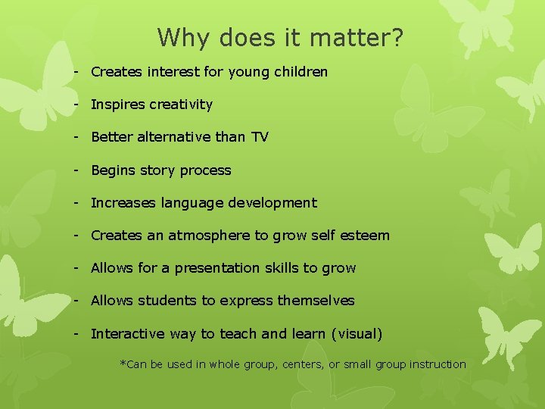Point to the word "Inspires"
pos(117,105)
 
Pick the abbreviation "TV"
pos(259,137)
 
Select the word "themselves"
pos(316,301)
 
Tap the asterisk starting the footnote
pos(123,364)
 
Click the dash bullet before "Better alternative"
pos(77,137)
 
